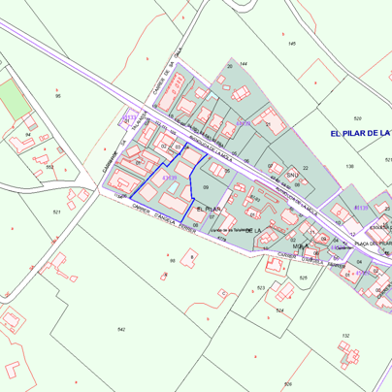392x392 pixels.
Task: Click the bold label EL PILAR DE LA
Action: pos(359,132)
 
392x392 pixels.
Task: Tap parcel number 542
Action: pos(120,330)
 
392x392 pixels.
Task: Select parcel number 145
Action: pos(291,44)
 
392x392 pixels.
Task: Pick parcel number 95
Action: pos(58,96)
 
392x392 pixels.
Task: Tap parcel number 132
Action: pos(344,336)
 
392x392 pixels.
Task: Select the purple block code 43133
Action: pos(130,118)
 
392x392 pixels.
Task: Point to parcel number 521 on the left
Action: pos(57,212)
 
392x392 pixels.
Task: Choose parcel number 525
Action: pos(303,278)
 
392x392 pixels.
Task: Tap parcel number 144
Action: pos(243,63)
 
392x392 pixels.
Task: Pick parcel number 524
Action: pos(279,310)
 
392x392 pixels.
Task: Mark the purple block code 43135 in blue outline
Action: pos(169,178)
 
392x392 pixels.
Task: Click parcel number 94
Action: pos(28,134)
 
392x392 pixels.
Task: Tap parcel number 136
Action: pos(349,167)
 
